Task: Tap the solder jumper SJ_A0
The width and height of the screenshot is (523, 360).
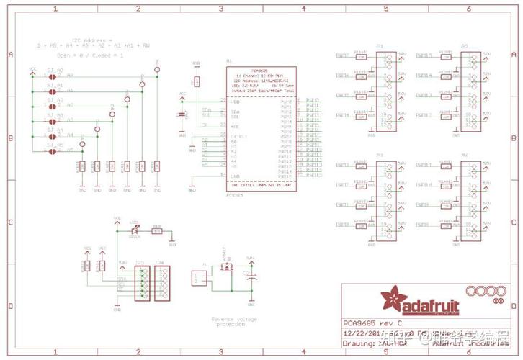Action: point(52,76)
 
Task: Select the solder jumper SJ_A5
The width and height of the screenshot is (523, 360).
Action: point(52,151)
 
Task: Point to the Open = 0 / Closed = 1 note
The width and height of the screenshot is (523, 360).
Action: point(90,55)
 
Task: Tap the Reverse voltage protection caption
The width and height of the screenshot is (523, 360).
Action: point(233,321)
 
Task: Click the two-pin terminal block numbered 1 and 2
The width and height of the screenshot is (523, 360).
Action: point(197,278)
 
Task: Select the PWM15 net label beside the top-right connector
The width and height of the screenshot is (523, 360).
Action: point(425,55)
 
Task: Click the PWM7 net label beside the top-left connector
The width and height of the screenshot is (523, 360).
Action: point(343,55)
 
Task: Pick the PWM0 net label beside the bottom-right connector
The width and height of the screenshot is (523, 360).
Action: point(425,225)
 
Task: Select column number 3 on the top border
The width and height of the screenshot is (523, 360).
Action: point(220,8)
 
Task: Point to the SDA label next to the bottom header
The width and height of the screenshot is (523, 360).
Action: point(122,278)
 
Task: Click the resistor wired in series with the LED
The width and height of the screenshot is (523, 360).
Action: point(156,231)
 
